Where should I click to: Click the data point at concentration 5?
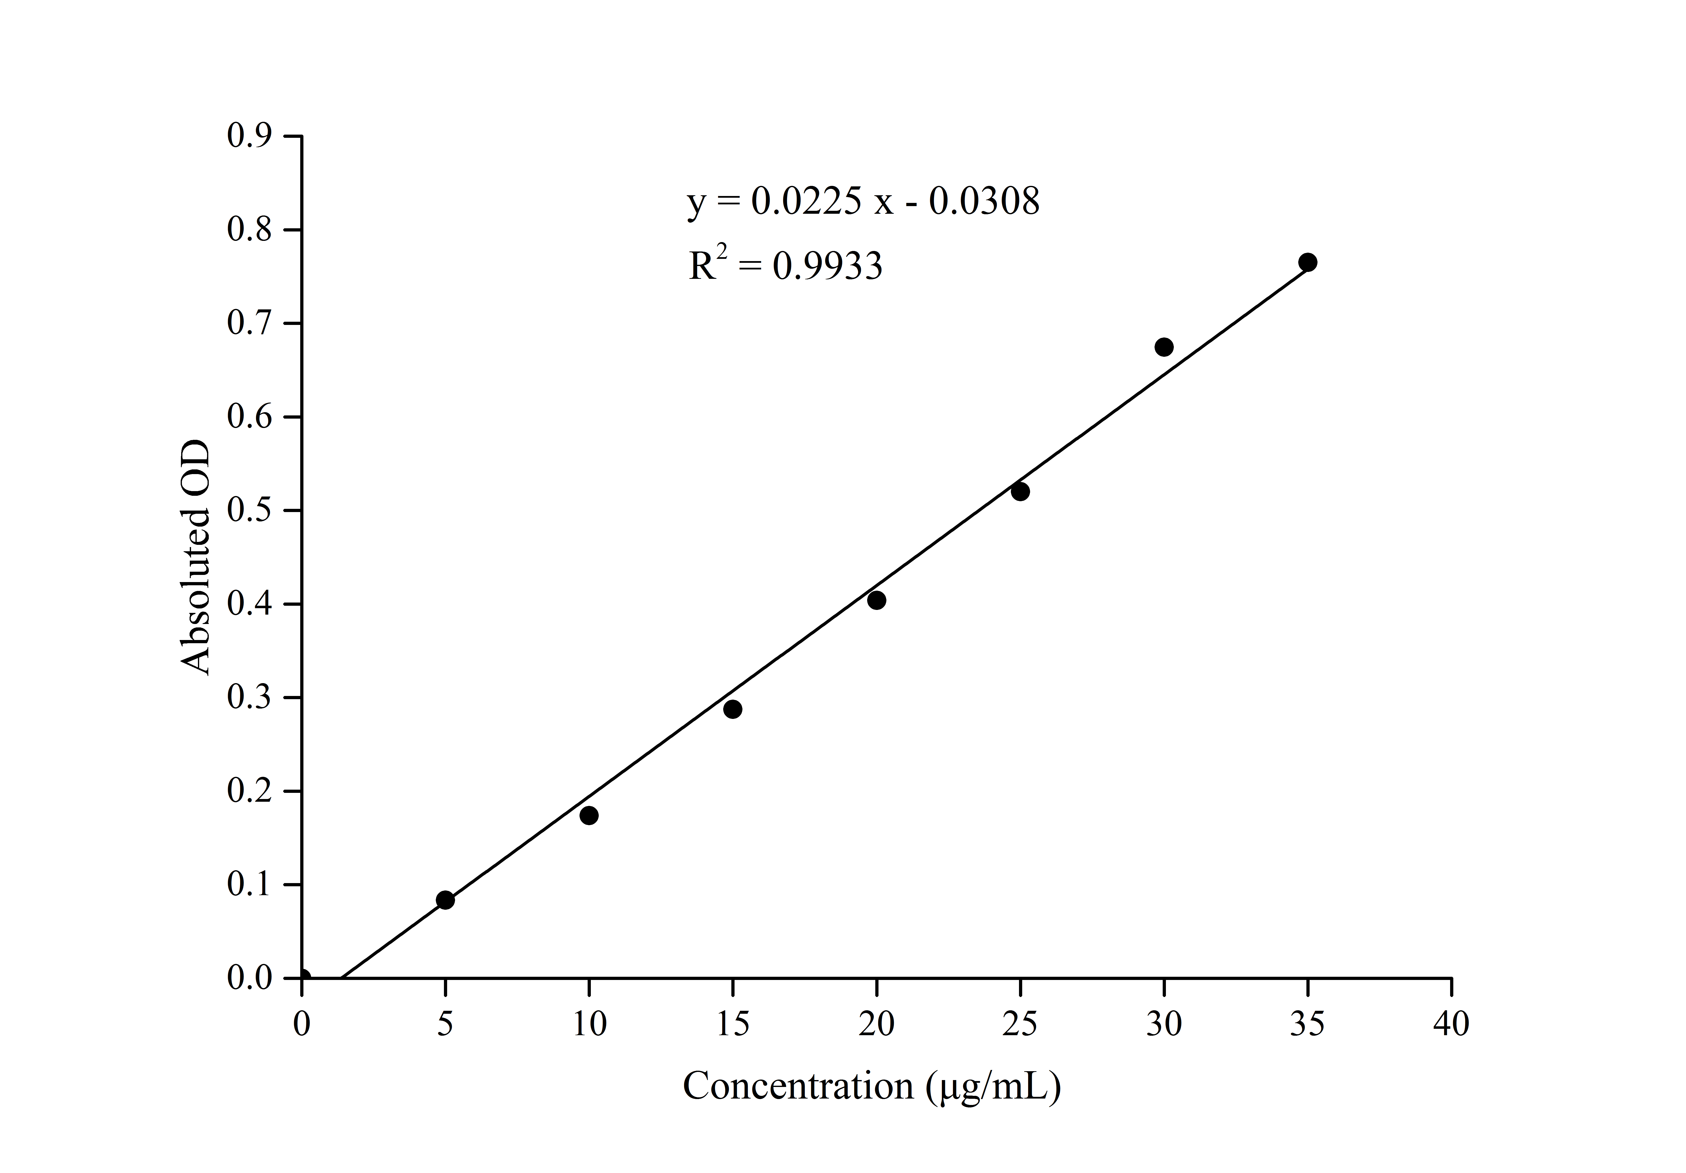445,900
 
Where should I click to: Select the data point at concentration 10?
589,815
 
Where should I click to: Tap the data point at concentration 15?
732,709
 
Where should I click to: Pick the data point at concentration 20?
876,600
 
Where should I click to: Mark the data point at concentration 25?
1020,491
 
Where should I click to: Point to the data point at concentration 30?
1164,347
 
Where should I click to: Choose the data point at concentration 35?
1307,262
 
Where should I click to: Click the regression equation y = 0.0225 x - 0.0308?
863,200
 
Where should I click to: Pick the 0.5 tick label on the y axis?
250,511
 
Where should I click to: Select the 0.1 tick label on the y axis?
250,884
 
